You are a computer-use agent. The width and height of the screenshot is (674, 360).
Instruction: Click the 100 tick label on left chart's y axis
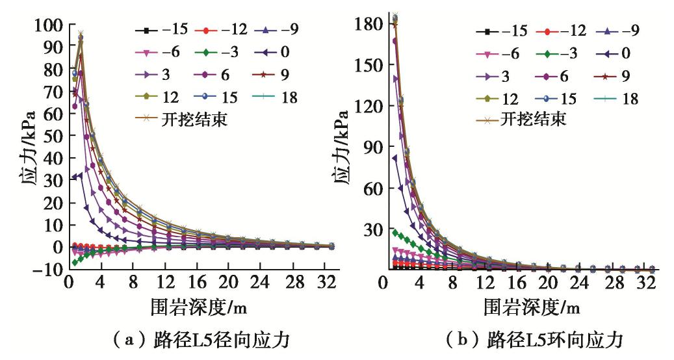tap(49, 25)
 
